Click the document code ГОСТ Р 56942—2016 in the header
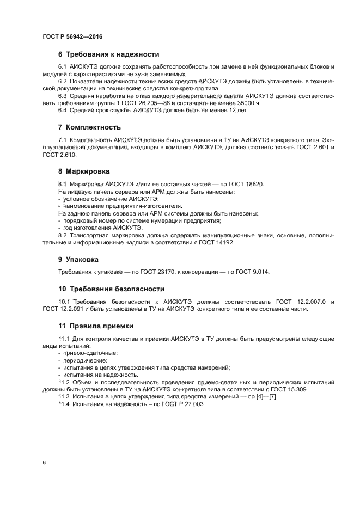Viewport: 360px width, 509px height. (x=72, y=36)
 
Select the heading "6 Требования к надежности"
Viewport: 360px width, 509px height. (x=108, y=54)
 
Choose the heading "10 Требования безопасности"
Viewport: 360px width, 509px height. (x=111, y=289)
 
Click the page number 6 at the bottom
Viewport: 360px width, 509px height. (x=44, y=462)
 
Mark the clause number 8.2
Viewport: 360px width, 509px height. (x=64, y=235)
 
